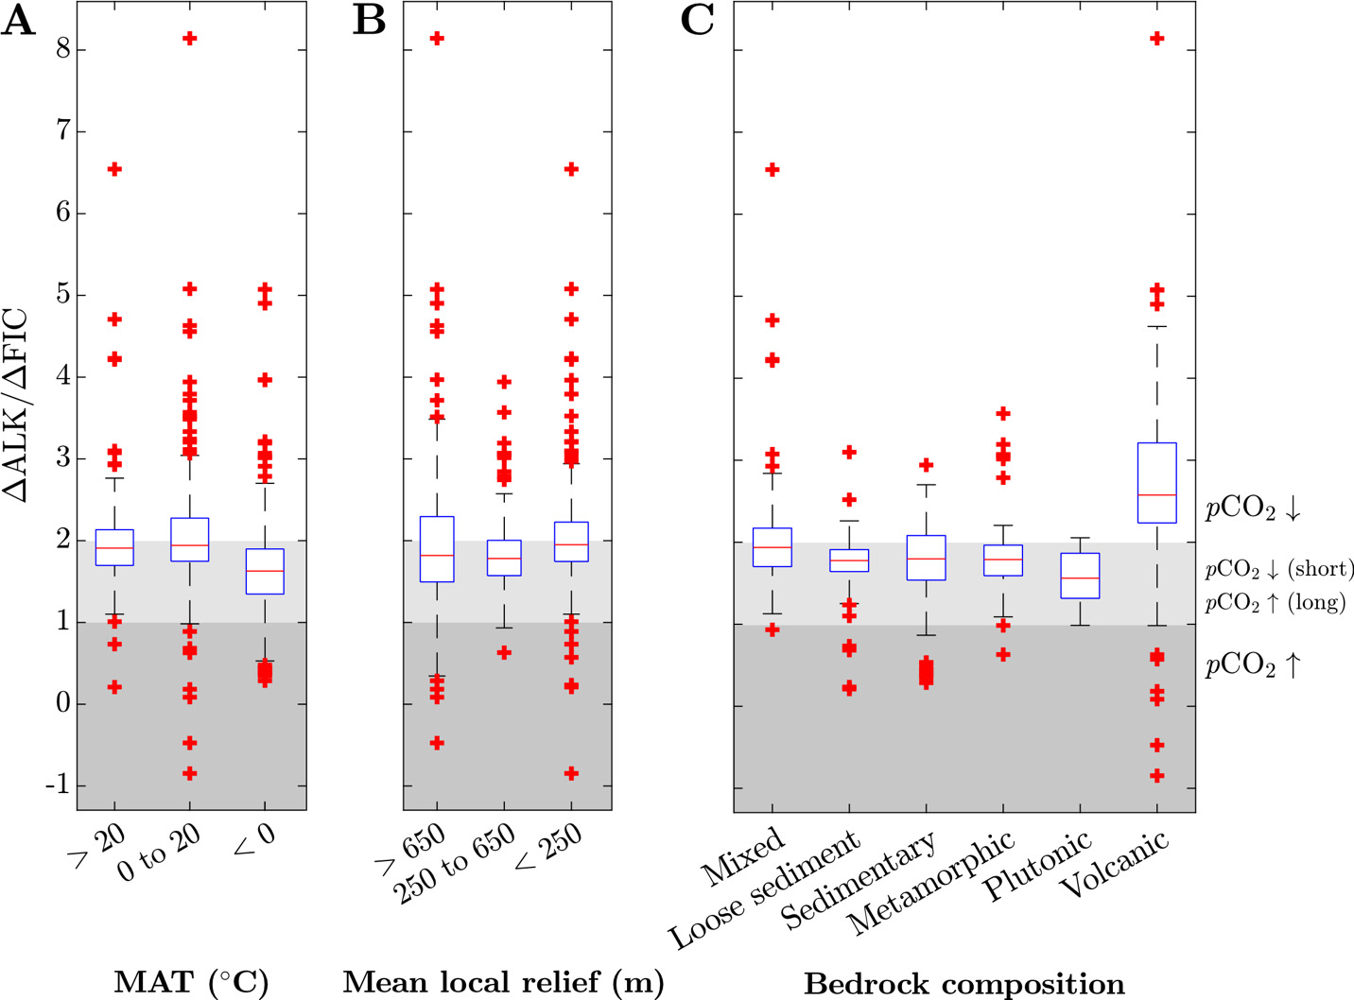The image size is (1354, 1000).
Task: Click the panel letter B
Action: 370,21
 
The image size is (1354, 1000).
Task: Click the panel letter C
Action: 698,21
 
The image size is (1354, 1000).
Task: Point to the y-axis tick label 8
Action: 63,50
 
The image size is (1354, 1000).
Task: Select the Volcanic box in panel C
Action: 1156,482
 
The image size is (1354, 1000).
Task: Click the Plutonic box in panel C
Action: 1079,575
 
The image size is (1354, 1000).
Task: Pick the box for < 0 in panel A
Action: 264,571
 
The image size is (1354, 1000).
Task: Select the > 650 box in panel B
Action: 436,548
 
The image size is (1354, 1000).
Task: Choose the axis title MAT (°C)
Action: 191,982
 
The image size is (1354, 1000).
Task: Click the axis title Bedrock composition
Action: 964,983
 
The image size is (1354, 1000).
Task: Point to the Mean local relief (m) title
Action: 503,982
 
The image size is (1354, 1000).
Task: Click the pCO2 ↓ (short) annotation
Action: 1278,570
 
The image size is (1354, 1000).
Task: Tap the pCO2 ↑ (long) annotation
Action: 1275,603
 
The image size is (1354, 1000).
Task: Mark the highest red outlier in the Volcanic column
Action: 1156,39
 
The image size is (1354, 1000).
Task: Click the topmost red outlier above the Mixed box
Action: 772,170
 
